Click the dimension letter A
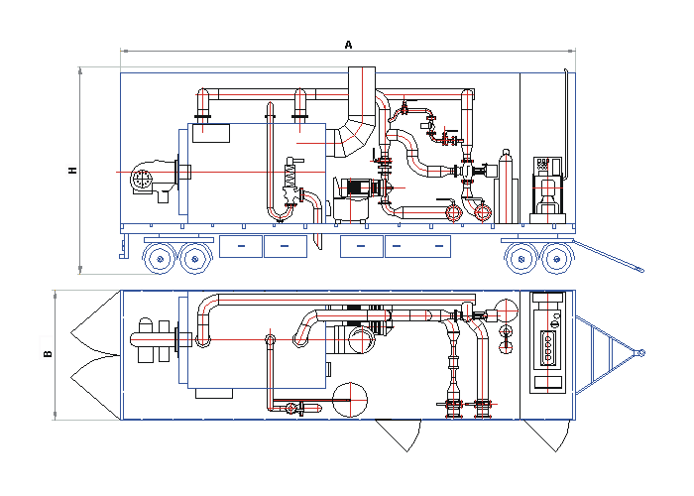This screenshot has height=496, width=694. click(348, 44)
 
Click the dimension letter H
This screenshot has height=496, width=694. click(72, 170)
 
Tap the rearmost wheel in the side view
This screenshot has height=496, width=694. click(159, 259)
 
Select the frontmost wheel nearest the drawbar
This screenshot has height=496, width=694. click(554, 259)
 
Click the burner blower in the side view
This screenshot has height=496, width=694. click(146, 180)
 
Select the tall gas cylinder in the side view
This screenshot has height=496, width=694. click(506, 186)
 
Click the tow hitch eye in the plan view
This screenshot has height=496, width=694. click(640, 353)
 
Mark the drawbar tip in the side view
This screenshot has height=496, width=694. click(639, 268)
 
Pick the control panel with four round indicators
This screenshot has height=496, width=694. click(547, 346)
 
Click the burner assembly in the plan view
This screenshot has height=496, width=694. click(154, 339)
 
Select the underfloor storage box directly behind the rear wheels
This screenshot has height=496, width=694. click(241, 246)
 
